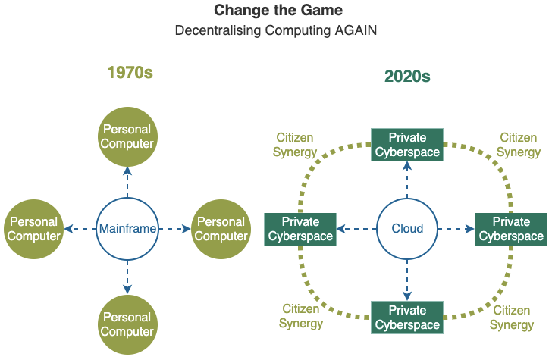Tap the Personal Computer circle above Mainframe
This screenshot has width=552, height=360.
click(127, 136)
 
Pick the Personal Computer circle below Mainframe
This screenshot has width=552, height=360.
click(127, 324)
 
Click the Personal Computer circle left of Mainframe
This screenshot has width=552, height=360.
click(34, 229)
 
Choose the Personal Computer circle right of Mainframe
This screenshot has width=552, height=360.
click(221, 229)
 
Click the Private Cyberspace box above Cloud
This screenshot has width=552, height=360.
click(407, 145)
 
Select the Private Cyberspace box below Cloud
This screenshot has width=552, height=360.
click(407, 318)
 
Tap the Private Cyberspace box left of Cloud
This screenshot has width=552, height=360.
click(300, 229)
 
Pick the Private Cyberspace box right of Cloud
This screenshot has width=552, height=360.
click(511, 229)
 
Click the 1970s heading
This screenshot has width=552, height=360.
click(130, 73)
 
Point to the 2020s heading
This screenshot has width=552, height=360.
click(407, 76)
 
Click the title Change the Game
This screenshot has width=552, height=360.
click(278, 10)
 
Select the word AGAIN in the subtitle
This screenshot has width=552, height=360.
click(356, 30)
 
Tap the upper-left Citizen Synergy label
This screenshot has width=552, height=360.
click(295, 145)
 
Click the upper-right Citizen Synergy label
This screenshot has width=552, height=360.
click(519, 145)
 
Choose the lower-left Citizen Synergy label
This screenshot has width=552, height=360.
click(301, 316)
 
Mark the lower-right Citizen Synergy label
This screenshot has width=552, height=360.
click(512, 318)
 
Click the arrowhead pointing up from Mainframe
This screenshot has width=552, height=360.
click(127, 171)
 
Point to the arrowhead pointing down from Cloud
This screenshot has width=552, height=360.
click(407, 296)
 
